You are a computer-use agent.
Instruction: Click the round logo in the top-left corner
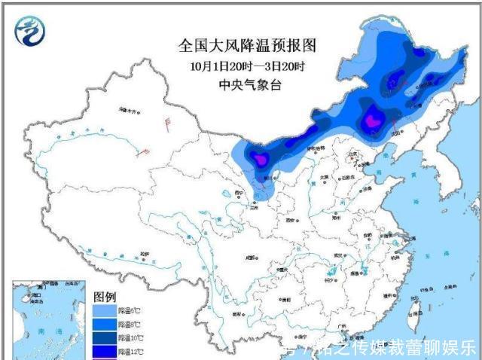(29, 30)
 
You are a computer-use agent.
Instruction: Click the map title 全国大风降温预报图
(247, 46)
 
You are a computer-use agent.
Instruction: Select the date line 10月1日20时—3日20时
(247, 66)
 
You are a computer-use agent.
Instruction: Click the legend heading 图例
(105, 295)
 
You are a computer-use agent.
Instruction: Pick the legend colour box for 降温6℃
(105, 310)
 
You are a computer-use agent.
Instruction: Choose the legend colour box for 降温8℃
(105, 324)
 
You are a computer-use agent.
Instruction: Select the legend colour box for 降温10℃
(105, 337)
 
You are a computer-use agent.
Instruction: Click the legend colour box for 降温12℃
(105, 351)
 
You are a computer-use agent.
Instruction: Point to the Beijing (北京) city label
(351, 154)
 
